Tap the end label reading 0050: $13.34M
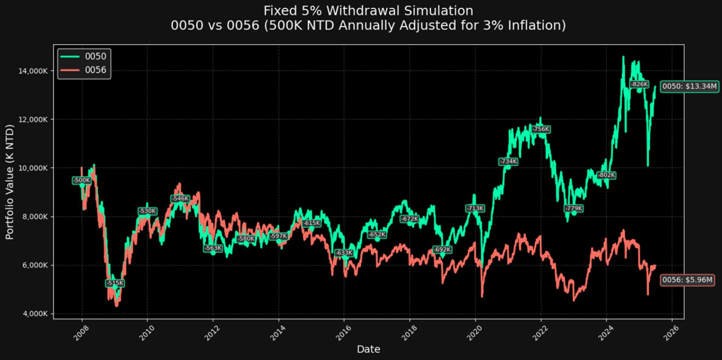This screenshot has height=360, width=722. pos(689,86)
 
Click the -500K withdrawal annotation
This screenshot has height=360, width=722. pos(81,180)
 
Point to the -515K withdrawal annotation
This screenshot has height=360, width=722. pos(115,283)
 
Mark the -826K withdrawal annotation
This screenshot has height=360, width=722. pos(639,84)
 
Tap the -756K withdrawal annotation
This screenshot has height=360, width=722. pos(541,129)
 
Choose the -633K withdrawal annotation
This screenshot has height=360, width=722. pos(344,253)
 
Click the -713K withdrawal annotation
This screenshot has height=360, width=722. pos(475,208)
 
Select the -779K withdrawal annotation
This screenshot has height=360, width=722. pos(574,208)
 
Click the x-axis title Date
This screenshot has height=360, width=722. pos(368,349)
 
